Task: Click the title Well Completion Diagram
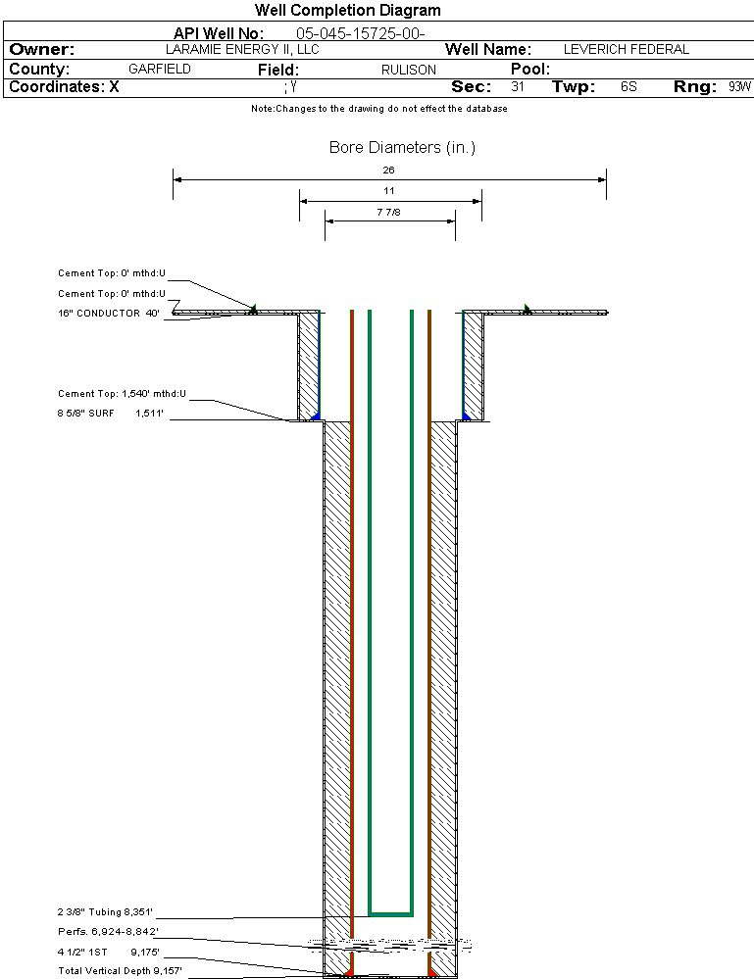347,10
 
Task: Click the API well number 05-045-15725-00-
361,33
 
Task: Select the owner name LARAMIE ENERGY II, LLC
242,49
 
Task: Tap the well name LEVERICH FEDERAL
626,49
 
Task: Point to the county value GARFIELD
159,69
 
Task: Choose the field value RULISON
409,70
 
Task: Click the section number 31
518,86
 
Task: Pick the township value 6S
628,86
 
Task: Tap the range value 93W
739,86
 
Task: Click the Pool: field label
530,69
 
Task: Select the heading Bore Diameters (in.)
402,147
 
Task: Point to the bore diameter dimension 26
388,170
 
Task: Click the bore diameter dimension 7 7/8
388,213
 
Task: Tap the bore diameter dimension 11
388,191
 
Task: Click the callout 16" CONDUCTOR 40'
109,314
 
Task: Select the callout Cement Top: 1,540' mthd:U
122,393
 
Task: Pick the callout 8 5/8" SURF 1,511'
111,414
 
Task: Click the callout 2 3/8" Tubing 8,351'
105,912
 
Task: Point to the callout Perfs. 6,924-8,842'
108,932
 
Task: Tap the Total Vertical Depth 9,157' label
120,971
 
